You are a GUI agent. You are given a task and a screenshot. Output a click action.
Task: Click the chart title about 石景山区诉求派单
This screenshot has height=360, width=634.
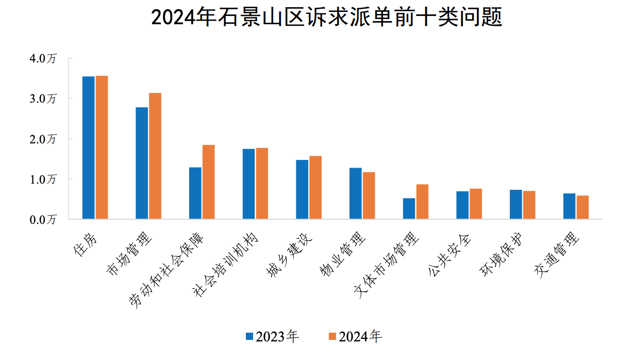(x=327, y=19)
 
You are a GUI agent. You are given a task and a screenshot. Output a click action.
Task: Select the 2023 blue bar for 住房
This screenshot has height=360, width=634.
(x=88, y=148)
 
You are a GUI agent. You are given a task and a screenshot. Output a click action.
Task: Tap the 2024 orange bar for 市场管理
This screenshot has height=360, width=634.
(x=155, y=156)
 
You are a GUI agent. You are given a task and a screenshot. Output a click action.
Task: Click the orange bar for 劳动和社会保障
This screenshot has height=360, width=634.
(x=208, y=182)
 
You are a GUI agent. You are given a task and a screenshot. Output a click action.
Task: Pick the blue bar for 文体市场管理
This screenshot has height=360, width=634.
(x=409, y=208)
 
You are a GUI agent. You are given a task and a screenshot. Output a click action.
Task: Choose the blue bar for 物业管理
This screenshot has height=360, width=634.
(x=355, y=193)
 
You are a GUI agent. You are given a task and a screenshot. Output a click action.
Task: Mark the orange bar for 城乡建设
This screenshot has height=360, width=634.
(x=315, y=187)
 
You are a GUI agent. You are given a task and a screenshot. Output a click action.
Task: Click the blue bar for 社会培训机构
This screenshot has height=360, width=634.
(x=248, y=184)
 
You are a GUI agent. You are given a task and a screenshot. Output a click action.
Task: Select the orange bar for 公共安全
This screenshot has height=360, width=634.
(x=476, y=204)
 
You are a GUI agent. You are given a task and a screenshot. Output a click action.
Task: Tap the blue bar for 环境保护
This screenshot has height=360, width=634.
(x=516, y=204)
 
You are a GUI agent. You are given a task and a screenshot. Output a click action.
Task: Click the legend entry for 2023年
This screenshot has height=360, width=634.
(x=272, y=337)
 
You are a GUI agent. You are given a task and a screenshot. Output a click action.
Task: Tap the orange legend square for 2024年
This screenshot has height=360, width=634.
(x=332, y=337)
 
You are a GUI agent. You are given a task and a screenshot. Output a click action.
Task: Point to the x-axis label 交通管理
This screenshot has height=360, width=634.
(x=557, y=255)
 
